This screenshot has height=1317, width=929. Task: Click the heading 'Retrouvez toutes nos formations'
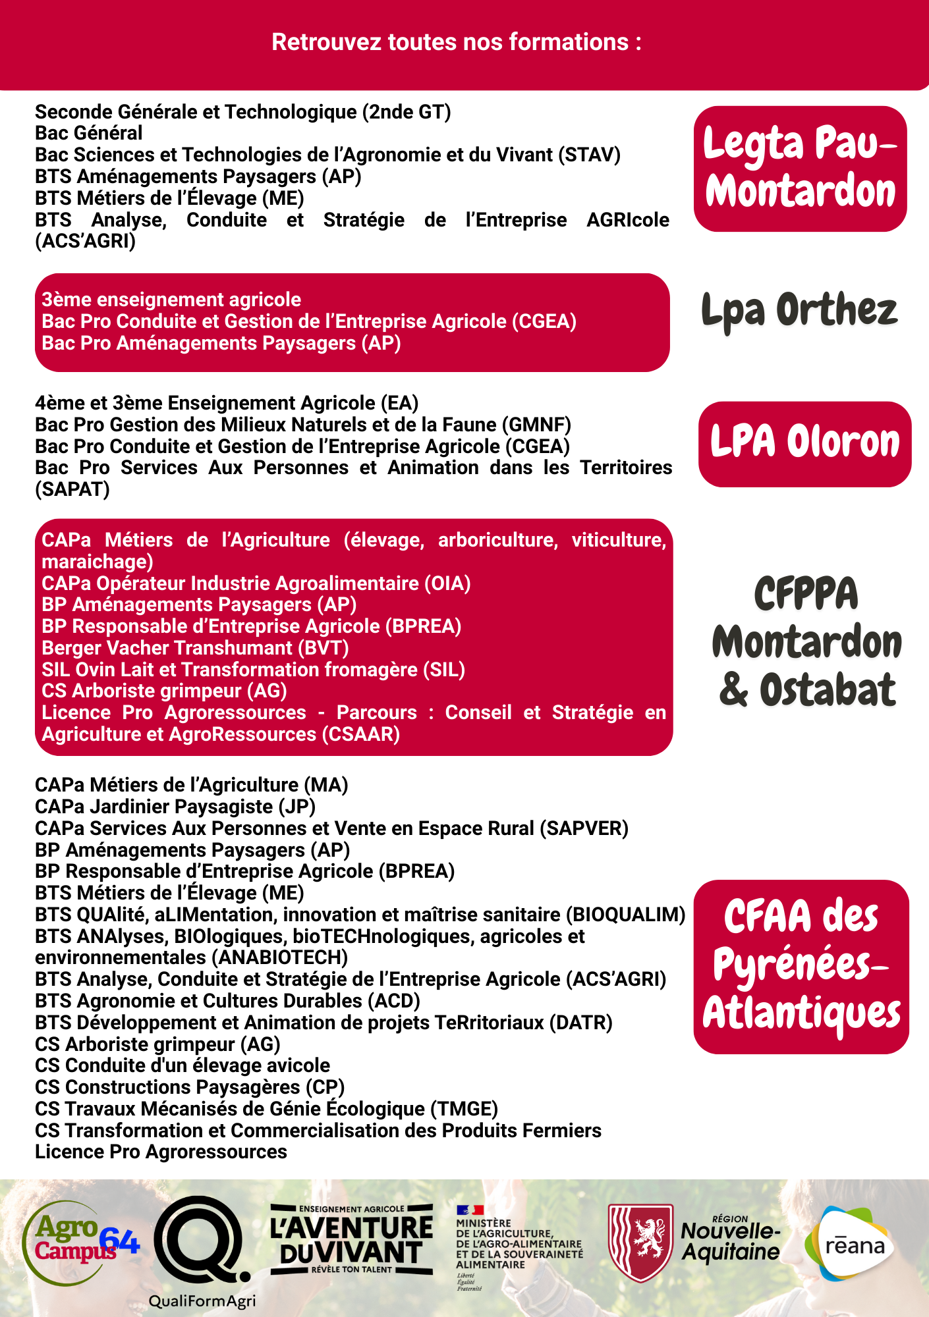pyautogui.click(x=457, y=42)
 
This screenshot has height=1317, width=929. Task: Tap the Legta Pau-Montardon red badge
pyautogui.click(x=800, y=169)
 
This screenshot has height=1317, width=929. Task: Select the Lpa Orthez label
pyautogui.click(x=799, y=310)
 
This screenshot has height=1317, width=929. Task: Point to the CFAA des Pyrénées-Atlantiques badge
pyautogui.click(x=801, y=966)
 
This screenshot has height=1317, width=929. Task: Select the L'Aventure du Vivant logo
pyautogui.click(x=352, y=1239)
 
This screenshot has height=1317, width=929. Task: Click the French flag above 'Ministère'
pyautogui.click(x=470, y=1210)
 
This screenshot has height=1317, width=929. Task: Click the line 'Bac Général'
pyautogui.click(x=89, y=133)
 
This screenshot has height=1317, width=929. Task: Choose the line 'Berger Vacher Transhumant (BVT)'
pyautogui.click(x=195, y=648)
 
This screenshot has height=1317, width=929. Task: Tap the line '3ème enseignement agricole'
pyautogui.click(x=171, y=300)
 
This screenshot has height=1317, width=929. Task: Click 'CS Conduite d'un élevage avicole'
pyautogui.click(x=183, y=1065)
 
